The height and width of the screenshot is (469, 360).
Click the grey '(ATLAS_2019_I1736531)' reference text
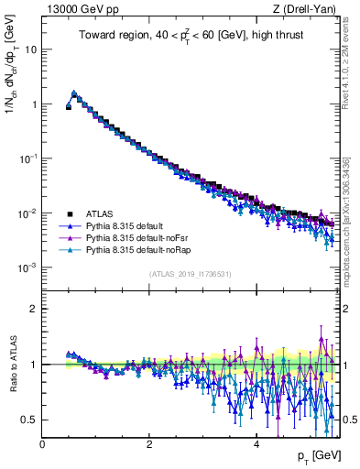click(191, 274)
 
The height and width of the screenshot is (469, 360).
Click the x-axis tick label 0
click(42, 443)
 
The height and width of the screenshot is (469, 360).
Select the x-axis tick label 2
click(149, 443)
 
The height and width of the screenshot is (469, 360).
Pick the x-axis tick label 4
click(256, 443)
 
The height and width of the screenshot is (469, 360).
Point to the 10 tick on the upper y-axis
click(30, 49)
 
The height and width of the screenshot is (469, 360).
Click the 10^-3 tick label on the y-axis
click(27, 267)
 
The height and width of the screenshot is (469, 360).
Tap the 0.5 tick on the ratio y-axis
click(28, 420)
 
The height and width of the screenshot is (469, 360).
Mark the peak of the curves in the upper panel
click(74, 93)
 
